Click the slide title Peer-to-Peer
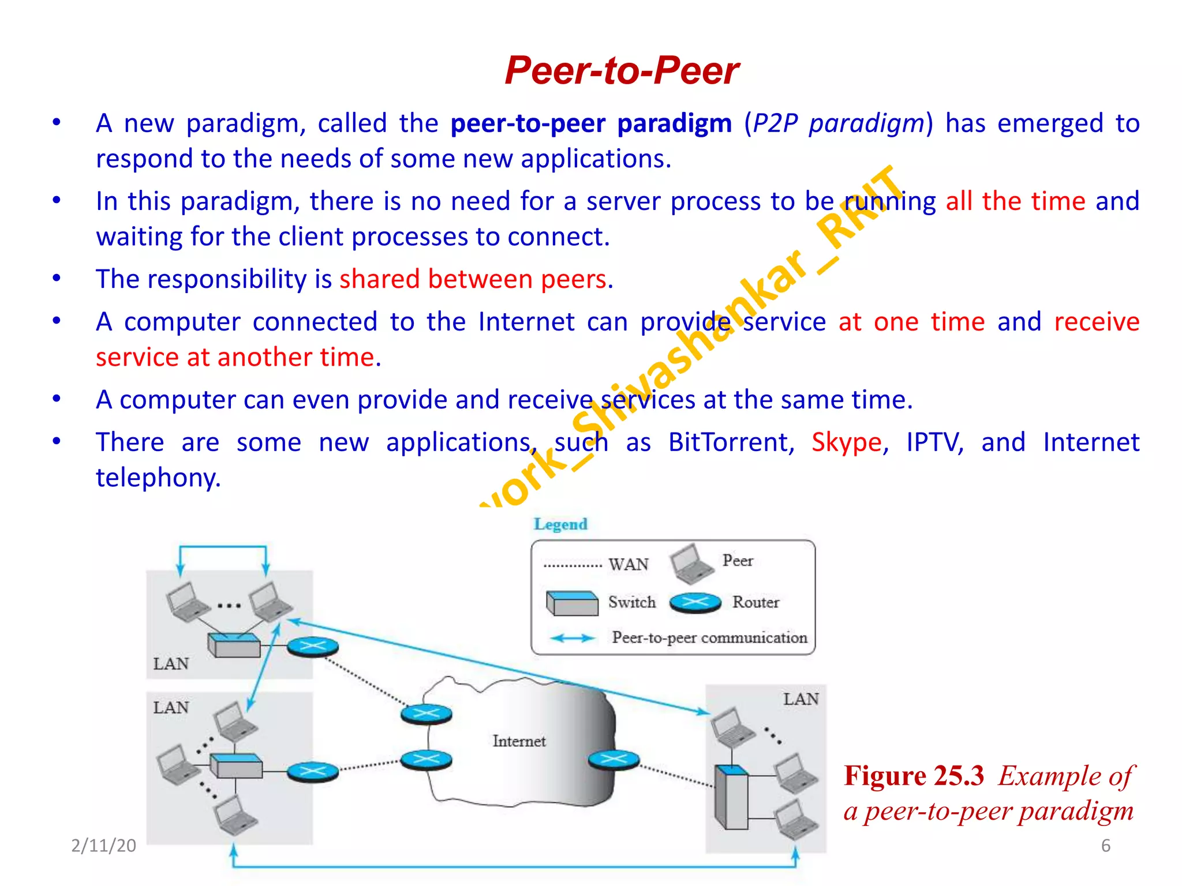coord(622,70)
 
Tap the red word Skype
coord(847,442)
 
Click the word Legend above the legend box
coord(560,524)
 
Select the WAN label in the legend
coord(629,564)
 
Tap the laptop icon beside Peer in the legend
coord(691,563)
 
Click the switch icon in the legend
coord(571,603)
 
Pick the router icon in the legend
coord(695,603)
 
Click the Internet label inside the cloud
coord(519,741)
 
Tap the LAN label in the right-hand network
coord(801,699)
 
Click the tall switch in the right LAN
coord(731,797)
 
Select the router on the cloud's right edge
coord(614,760)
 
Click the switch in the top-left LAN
coord(234,645)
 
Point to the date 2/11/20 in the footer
coord(103,845)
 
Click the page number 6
coord(1105,846)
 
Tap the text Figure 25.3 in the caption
coord(914,776)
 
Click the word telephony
coord(158,478)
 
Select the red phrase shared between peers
coord(473,279)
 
